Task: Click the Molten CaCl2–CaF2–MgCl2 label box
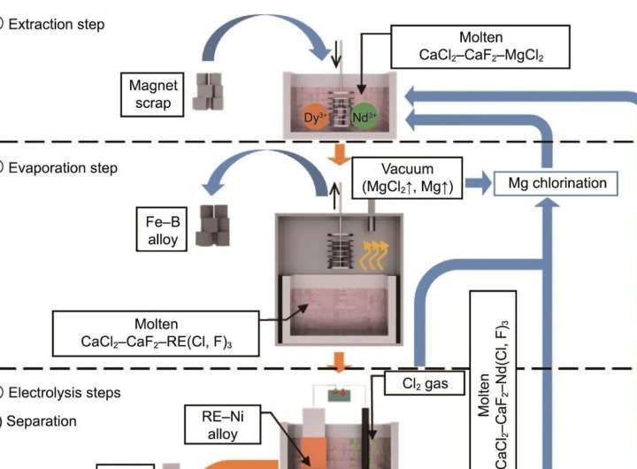(x=481, y=46)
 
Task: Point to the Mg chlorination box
(x=557, y=183)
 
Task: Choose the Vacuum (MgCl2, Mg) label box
(x=406, y=178)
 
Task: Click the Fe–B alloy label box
(x=163, y=227)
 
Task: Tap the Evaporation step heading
(x=62, y=167)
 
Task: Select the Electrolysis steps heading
(x=63, y=392)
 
